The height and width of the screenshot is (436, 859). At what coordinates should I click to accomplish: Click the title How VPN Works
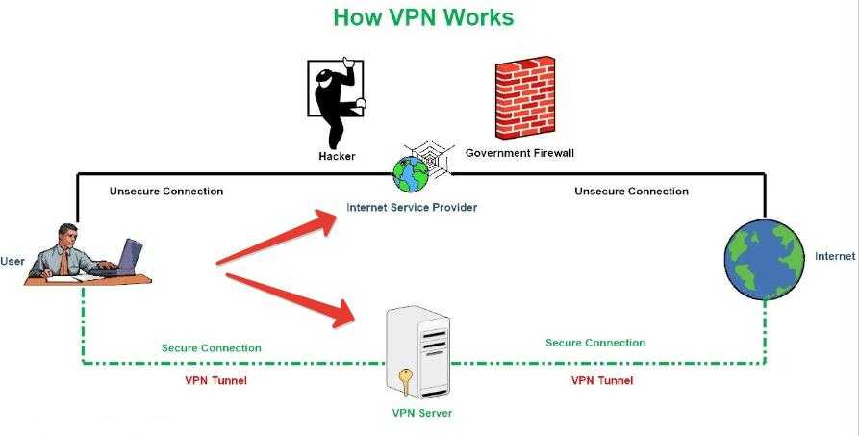click(423, 17)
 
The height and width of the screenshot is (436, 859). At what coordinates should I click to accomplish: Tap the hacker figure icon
click(336, 100)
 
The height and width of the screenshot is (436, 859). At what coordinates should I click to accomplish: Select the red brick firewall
click(525, 99)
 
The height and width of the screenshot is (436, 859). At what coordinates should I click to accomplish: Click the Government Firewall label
click(519, 153)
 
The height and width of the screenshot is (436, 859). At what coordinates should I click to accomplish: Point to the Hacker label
click(337, 156)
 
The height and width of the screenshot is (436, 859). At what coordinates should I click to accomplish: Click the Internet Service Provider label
click(412, 207)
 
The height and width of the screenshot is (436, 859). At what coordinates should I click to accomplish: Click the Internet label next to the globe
click(835, 257)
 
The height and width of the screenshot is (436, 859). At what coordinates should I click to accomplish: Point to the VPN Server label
click(421, 414)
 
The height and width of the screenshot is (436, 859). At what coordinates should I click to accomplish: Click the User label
click(13, 261)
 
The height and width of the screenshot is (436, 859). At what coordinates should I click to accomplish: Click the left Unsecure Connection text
click(166, 192)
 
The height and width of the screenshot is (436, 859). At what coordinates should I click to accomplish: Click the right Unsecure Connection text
click(631, 192)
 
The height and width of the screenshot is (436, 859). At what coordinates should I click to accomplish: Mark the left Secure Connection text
click(211, 348)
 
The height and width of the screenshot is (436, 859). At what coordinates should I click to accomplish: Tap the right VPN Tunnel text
click(602, 380)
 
